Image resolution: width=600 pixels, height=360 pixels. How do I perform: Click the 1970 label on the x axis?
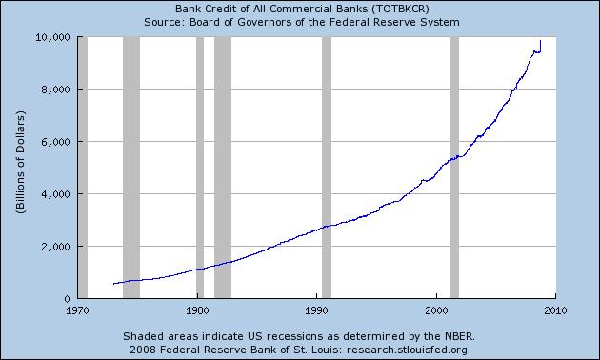click(x=77, y=310)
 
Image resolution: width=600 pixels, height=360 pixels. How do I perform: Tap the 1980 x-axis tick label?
click(x=197, y=310)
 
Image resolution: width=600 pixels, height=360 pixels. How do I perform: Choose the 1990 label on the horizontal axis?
click(x=316, y=310)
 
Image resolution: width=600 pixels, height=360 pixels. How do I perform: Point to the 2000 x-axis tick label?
click(x=436, y=310)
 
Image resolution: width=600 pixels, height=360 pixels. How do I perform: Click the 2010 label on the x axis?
click(x=555, y=310)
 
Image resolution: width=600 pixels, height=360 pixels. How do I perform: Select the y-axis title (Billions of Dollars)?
click(x=19, y=168)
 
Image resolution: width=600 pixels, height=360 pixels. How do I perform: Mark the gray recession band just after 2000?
click(x=454, y=168)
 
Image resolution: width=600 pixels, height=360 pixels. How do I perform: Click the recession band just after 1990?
click(x=327, y=168)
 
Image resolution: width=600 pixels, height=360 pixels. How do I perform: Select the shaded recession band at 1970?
click(x=83, y=168)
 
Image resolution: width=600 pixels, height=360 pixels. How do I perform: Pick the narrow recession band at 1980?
click(x=200, y=168)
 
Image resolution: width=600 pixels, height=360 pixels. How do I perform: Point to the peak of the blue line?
click(x=541, y=41)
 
